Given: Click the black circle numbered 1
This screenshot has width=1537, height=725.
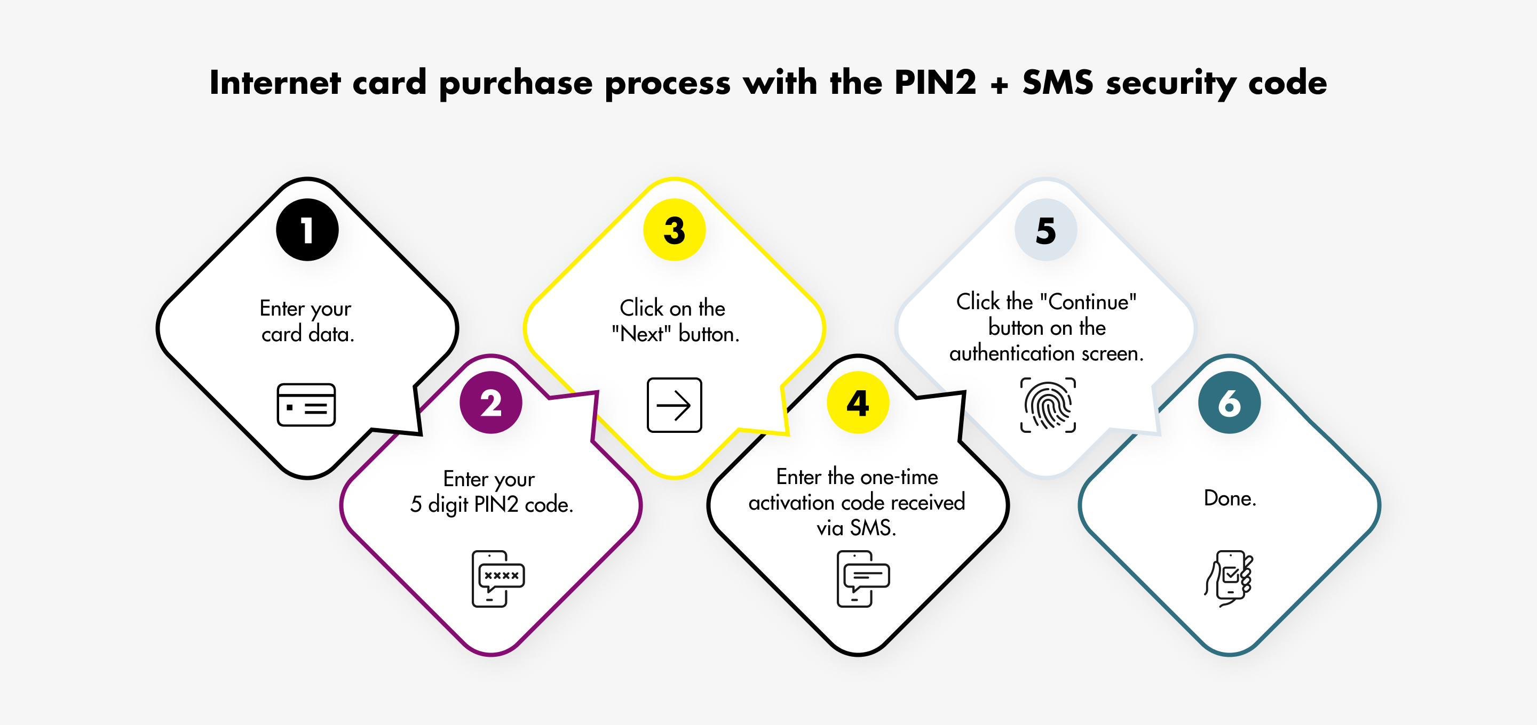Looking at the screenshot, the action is [307, 230].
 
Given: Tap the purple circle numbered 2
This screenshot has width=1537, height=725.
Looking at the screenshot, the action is [491, 402].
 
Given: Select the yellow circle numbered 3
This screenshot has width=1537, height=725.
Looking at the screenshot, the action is [674, 230].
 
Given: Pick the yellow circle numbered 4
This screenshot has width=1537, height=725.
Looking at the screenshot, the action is [858, 402].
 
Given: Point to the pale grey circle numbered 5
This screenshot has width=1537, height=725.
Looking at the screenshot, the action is [1046, 230].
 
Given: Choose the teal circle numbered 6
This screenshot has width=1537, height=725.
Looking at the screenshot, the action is [1230, 402].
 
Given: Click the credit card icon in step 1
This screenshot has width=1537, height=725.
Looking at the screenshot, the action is [306, 405].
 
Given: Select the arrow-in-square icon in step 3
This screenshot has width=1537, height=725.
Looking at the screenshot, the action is [674, 405].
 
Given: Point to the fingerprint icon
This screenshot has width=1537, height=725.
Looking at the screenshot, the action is [1048, 405].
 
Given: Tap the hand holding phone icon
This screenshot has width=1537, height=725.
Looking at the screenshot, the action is [1229, 579].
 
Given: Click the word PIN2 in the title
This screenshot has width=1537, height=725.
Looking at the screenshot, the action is [935, 82].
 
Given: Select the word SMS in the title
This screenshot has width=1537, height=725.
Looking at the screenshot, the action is [1058, 82].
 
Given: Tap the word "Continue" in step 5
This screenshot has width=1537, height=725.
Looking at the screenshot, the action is [1088, 302].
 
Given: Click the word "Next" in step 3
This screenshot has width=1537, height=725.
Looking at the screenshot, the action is [641, 334].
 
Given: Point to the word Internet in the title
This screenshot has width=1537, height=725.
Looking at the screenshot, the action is [275, 82].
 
